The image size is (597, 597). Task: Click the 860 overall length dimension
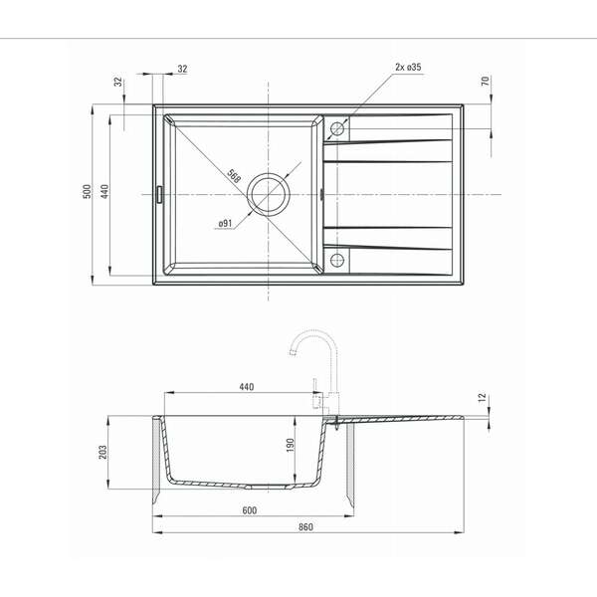tap(305, 527)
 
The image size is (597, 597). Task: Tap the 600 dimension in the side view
tap(250, 510)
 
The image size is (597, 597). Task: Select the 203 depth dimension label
tap(102, 452)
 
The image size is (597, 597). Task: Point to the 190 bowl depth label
tap(291, 445)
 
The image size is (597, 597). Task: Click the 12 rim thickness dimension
tap(482, 397)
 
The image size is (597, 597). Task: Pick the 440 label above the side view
tap(247, 387)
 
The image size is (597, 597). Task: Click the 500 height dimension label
tap(88, 191)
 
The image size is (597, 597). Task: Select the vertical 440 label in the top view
tap(104, 191)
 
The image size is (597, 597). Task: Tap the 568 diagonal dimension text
tap(234, 176)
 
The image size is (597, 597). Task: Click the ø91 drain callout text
tap(225, 223)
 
